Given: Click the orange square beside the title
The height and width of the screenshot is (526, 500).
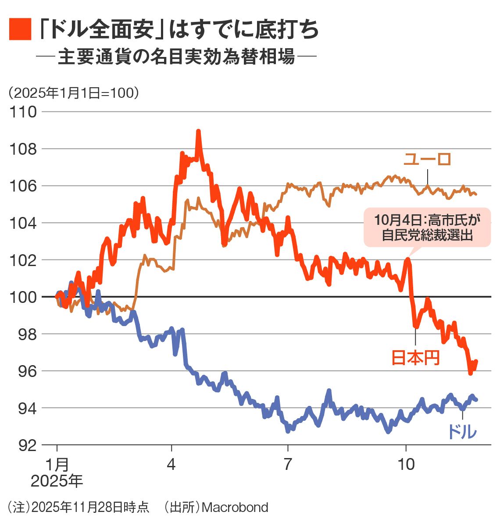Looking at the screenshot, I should click(20, 29).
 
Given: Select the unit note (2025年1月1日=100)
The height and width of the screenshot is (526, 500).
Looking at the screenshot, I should click(73, 93).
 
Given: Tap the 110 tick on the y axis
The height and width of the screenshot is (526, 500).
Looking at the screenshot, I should click(23, 112).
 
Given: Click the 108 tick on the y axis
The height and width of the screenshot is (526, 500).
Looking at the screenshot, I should click(23, 149).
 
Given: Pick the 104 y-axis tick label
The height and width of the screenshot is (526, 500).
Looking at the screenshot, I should click(23, 223).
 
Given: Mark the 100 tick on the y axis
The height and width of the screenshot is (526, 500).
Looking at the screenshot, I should click(23, 297).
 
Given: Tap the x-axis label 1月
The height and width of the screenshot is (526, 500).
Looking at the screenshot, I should click(57, 464).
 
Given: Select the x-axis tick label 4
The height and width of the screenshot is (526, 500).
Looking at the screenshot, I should click(171, 464).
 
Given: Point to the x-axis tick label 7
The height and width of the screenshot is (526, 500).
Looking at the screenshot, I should click(288, 464).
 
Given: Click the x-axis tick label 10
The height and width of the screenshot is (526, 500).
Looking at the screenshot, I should click(406, 464).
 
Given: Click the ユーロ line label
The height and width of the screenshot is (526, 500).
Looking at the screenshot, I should click(427, 159).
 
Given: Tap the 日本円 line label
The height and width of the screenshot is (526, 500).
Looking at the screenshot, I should click(415, 358).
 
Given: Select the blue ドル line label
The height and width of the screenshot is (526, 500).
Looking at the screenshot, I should click(462, 432).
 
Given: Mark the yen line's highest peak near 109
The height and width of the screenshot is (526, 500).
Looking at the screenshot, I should click(198, 131).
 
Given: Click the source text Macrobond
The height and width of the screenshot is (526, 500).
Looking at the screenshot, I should click(235, 508).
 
